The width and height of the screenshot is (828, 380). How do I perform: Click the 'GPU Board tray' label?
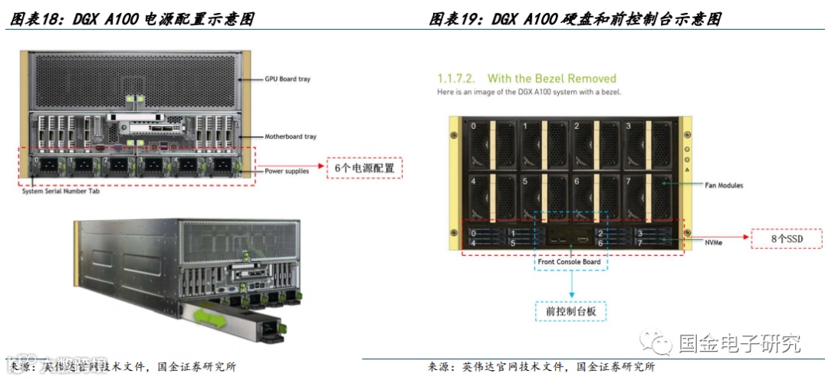tap(287, 79)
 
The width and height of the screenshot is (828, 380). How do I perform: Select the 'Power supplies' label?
tap(287, 171)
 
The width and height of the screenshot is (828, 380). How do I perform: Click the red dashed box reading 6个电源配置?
tap(364, 167)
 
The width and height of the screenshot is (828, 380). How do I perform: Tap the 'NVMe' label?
tap(714, 242)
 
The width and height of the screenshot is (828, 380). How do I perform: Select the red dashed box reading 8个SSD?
tap(787, 239)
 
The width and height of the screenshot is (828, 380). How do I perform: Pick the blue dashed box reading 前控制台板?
tap(571, 311)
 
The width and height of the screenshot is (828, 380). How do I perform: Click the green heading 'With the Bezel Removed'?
tap(551, 78)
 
